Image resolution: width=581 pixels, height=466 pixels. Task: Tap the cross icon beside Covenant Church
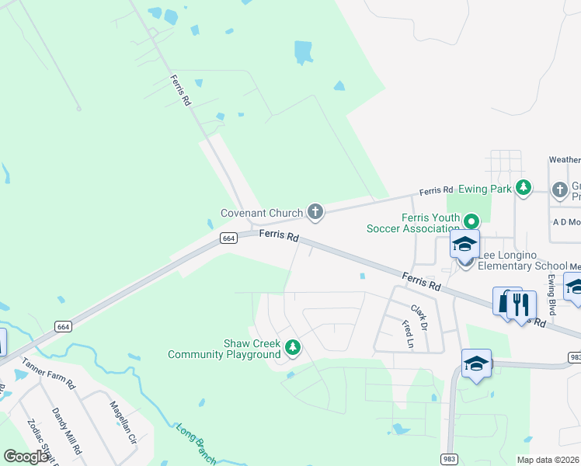pyautogui.click(x=315, y=210)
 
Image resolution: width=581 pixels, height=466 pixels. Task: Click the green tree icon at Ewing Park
pyautogui.click(x=524, y=187)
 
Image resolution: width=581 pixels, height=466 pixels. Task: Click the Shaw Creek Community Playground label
pyautogui.click(x=224, y=349)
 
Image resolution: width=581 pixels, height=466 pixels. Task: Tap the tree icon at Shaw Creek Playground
pyautogui.click(x=293, y=347)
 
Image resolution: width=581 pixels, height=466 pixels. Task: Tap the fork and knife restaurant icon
pyautogui.click(x=521, y=304)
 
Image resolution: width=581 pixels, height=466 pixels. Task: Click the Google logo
pyautogui.click(x=26, y=457)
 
